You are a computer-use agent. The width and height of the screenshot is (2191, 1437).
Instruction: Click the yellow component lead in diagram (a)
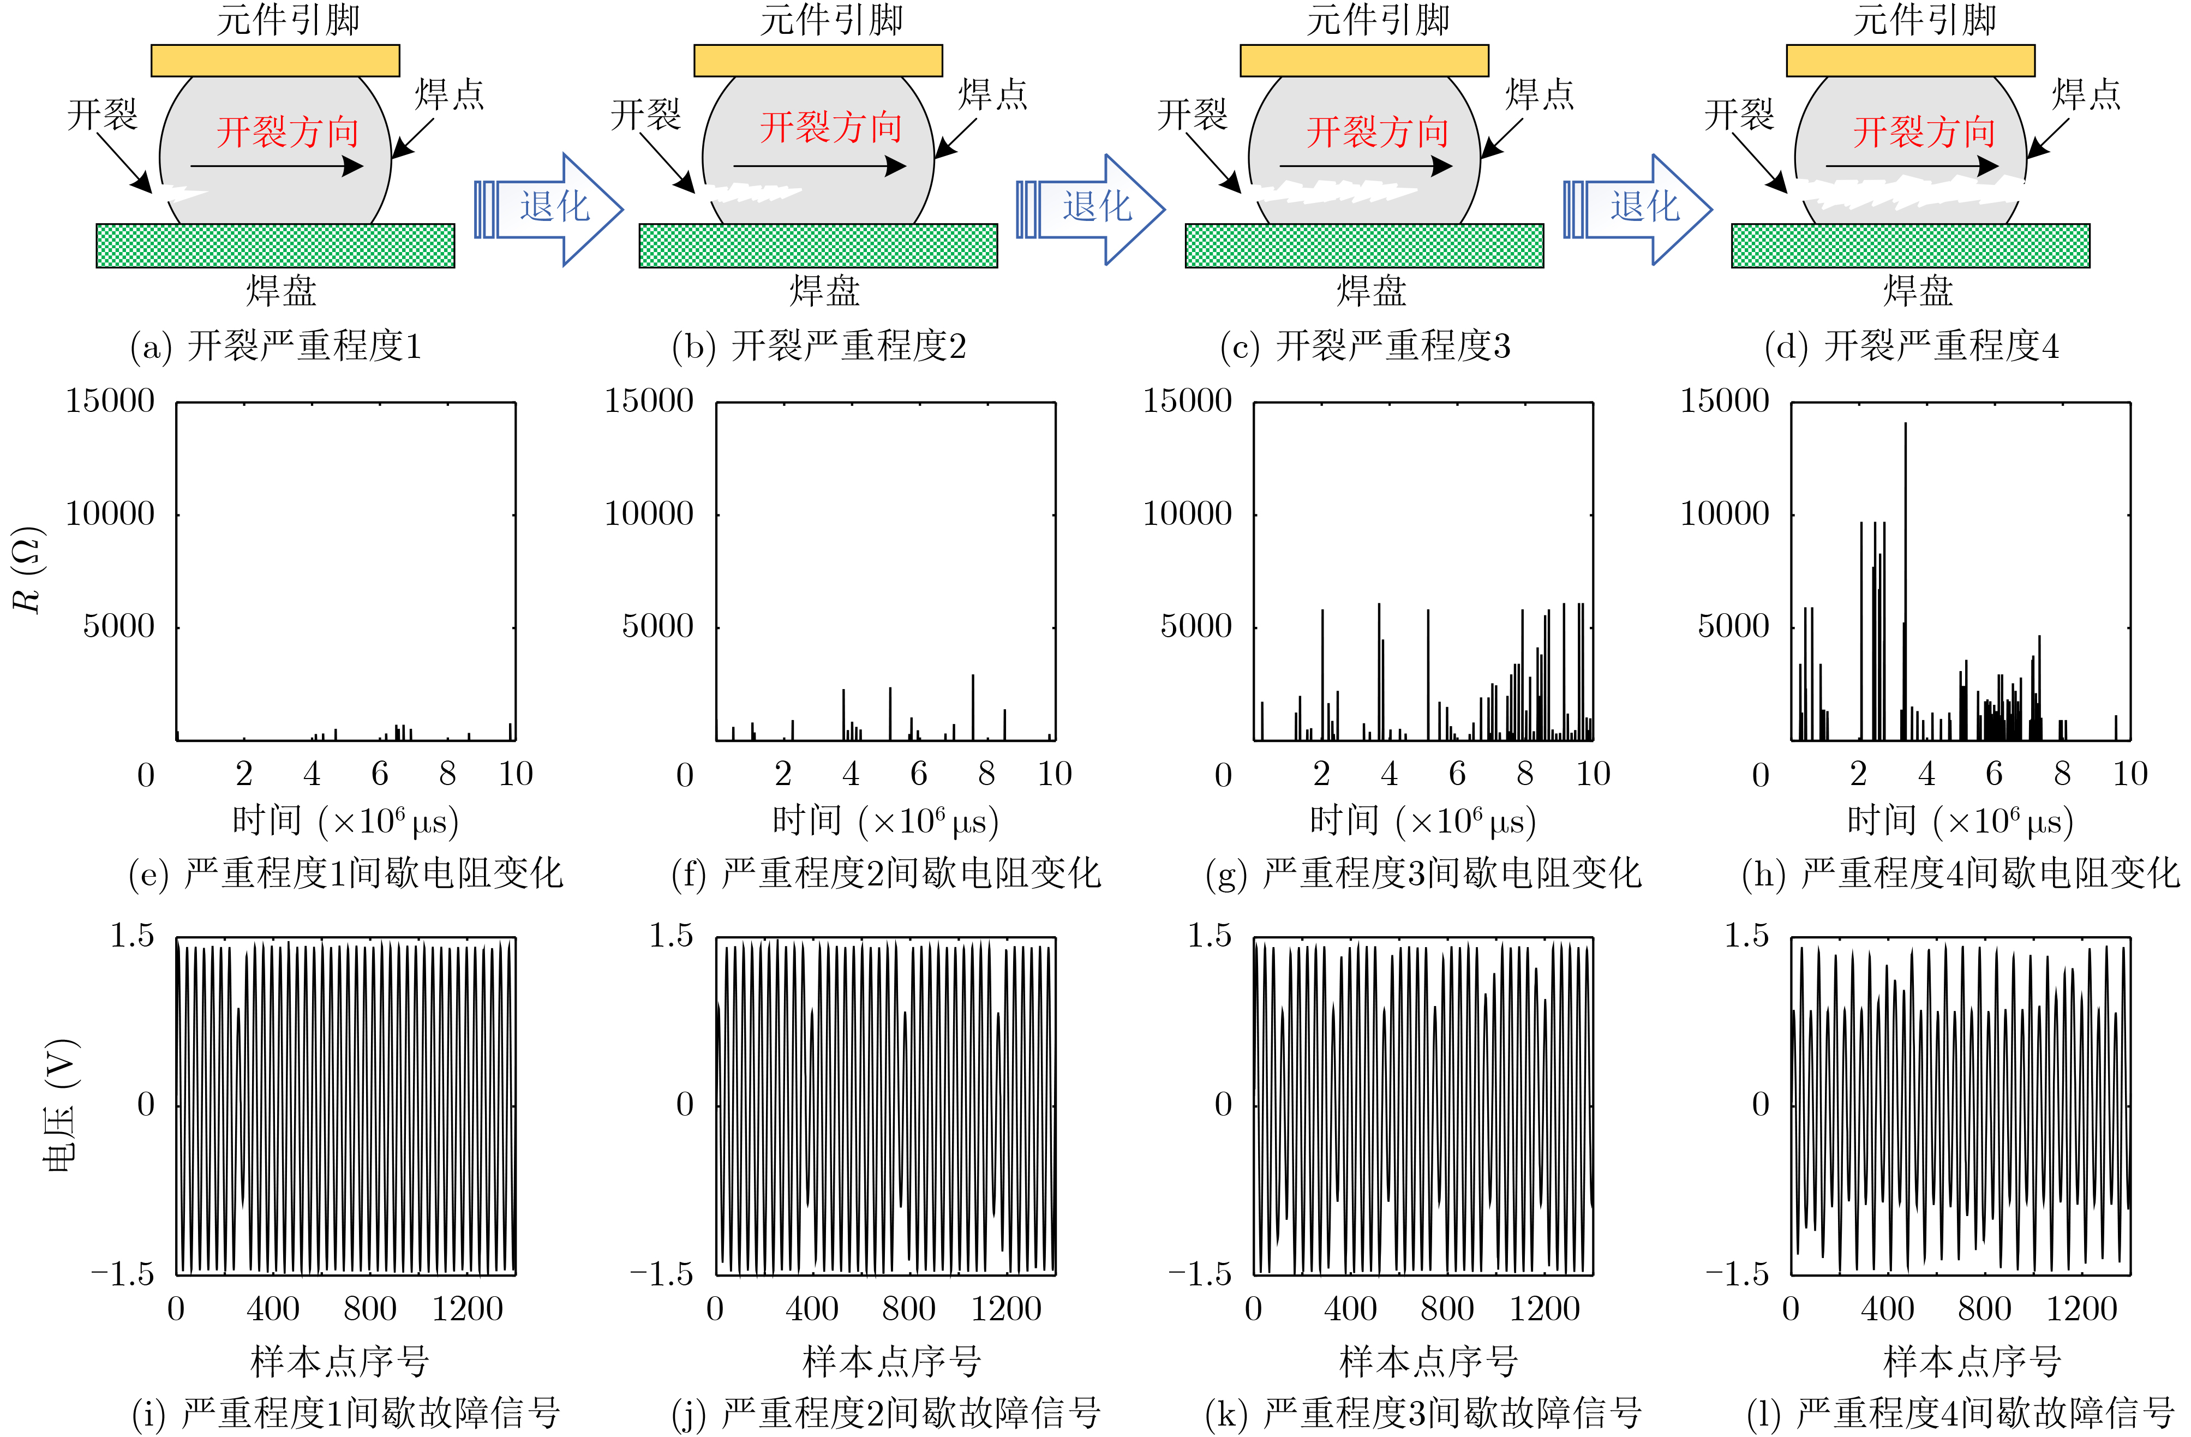(276, 61)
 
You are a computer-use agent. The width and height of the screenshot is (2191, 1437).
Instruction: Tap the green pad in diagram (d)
(1910, 246)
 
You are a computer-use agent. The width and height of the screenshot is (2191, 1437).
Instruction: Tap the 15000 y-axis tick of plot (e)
(110, 402)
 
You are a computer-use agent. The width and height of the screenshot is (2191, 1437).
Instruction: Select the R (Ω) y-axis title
(28, 570)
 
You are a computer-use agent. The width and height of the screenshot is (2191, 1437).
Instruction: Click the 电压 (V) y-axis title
(61, 1105)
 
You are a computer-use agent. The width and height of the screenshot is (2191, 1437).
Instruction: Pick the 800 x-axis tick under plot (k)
(1447, 1308)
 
